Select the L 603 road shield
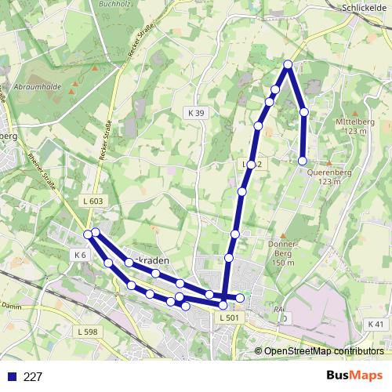[x=92, y=201]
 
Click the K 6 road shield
[x=79, y=255]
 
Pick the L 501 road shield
[x=229, y=318]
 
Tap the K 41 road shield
[x=376, y=324]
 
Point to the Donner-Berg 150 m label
[x=281, y=252]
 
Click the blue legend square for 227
[x=9, y=377]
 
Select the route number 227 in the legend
[x=33, y=377]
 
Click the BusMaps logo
[x=354, y=376]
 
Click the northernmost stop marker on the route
[x=288, y=64]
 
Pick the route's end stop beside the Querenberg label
[x=303, y=161]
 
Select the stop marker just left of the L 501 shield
[x=223, y=304]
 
